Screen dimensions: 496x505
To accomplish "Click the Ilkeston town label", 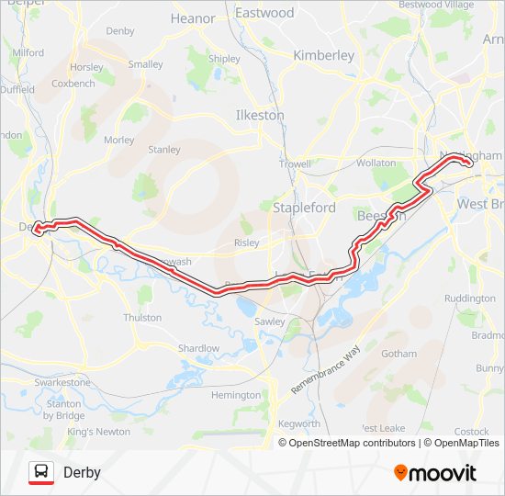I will [x=260, y=116].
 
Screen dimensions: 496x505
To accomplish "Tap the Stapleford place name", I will [x=305, y=208].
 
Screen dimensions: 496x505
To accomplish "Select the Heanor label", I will [x=193, y=17].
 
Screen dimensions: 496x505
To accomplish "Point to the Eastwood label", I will [x=264, y=13].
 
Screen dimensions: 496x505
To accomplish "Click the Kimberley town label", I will [x=323, y=55].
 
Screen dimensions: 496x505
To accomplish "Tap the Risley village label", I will [x=247, y=243].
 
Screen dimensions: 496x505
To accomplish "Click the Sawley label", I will [x=270, y=321].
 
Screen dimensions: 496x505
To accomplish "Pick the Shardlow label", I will [x=199, y=348].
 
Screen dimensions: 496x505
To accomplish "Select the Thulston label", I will [x=142, y=318].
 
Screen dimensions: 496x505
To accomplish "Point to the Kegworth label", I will [x=299, y=423].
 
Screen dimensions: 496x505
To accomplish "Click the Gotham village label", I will [x=398, y=353].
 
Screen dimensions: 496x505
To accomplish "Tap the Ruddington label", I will [x=469, y=299].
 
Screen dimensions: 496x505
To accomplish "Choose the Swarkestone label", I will [x=62, y=382].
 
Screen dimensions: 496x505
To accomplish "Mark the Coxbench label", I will [x=73, y=84].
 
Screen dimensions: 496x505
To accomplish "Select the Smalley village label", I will [x=145, y=64].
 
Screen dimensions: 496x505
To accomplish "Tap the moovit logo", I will [x=435, y=473].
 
